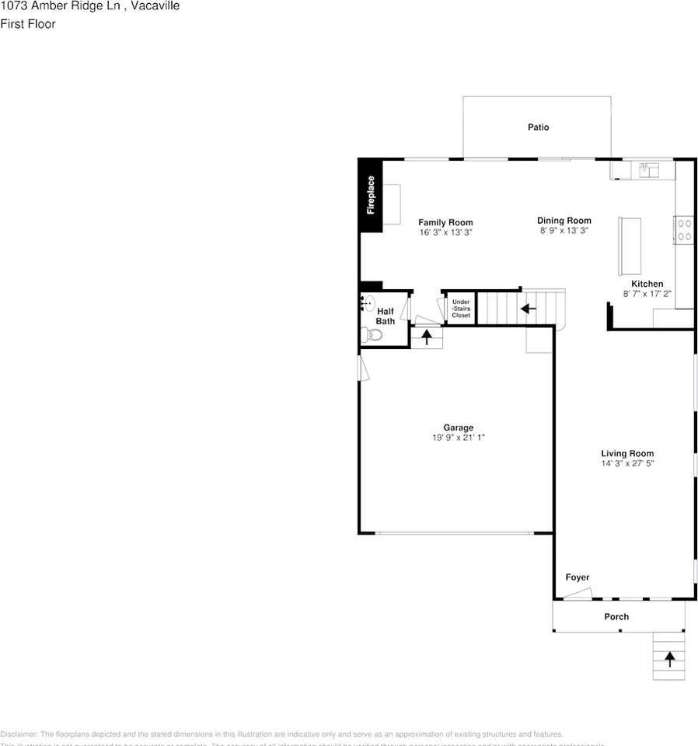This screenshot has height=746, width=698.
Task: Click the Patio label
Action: [x=538, y=127]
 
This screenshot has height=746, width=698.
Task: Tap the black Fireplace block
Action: [x=370, y=195]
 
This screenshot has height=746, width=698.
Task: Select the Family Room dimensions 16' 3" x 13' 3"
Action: [x=445, y=232]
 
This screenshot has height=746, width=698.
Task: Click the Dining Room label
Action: [x=564, y=221]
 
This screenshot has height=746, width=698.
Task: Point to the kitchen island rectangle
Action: [x=630, y=246]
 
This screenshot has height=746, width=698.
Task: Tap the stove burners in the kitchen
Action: [x=684, y=230]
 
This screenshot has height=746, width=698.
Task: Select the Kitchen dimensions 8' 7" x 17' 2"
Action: [x=647, y=294]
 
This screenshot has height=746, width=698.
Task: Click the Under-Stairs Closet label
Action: [x=461, y=309]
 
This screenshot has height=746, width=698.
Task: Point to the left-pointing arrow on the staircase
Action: [x=529, y=309]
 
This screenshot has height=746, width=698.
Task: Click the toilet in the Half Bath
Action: [x=371, y=335]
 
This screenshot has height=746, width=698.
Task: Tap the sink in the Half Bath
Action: [x=369, y=303]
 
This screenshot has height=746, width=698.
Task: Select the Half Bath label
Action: [x=386, y=316]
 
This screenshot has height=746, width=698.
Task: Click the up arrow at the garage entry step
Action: [x=426, y=337]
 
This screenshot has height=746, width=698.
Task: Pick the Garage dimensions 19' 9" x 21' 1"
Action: [x=458, y=437]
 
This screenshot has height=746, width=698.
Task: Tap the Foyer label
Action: [x=577, y=577]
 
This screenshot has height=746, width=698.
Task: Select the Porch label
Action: [x=616, y=617]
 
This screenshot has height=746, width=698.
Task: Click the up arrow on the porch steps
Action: [x=669, y=659]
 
